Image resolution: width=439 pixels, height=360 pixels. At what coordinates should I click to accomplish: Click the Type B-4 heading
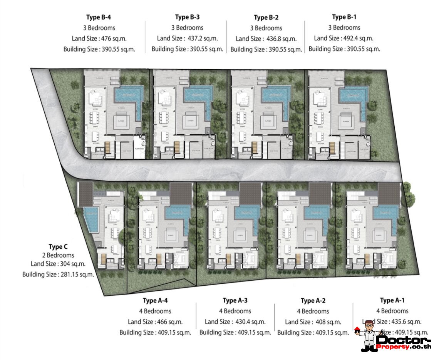click(x=99, y=17)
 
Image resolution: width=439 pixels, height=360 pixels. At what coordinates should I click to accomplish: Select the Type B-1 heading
click(x=346, y=17)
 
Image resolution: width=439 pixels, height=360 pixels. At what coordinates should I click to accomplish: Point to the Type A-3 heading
click(x=235, y=301)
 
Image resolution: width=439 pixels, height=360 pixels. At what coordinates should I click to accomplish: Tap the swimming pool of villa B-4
click(x=129, y=94)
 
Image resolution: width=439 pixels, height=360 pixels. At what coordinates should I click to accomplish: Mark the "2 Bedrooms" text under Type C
click(x=58, y=255)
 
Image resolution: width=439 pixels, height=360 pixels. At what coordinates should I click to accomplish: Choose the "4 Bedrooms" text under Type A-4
click(x=155, y=311)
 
